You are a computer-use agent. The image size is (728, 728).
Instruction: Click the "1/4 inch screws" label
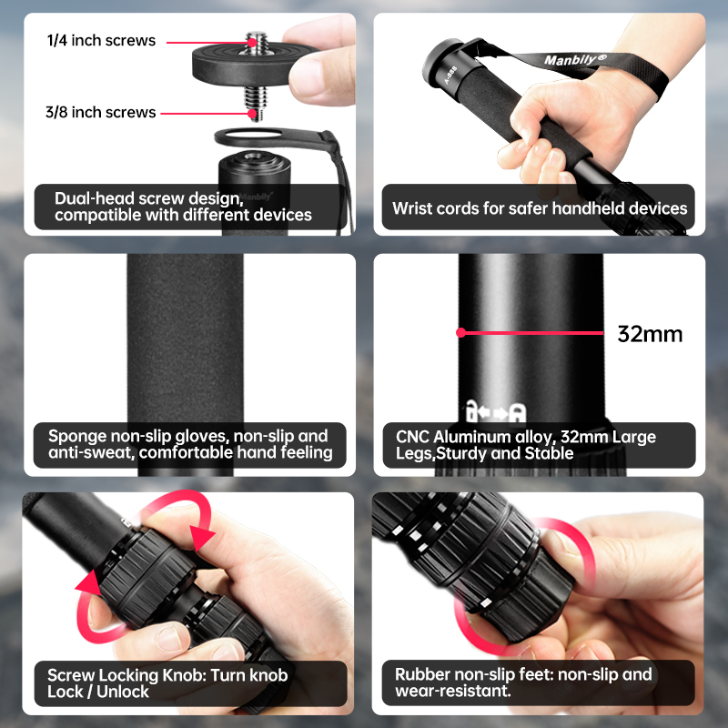(101, 40)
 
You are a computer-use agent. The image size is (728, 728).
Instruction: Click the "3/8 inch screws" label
(101, 112)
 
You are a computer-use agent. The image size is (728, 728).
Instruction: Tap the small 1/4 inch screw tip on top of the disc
(253, 41)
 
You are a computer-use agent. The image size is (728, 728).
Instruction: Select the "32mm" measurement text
(650, 333)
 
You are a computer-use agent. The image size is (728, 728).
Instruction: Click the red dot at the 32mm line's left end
(461, 333)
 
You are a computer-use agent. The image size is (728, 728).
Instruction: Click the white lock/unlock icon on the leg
(490, 409)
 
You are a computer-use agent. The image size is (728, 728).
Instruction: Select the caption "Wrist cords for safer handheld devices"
(540, 208)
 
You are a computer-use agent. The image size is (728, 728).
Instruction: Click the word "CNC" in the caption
(412, 437)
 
